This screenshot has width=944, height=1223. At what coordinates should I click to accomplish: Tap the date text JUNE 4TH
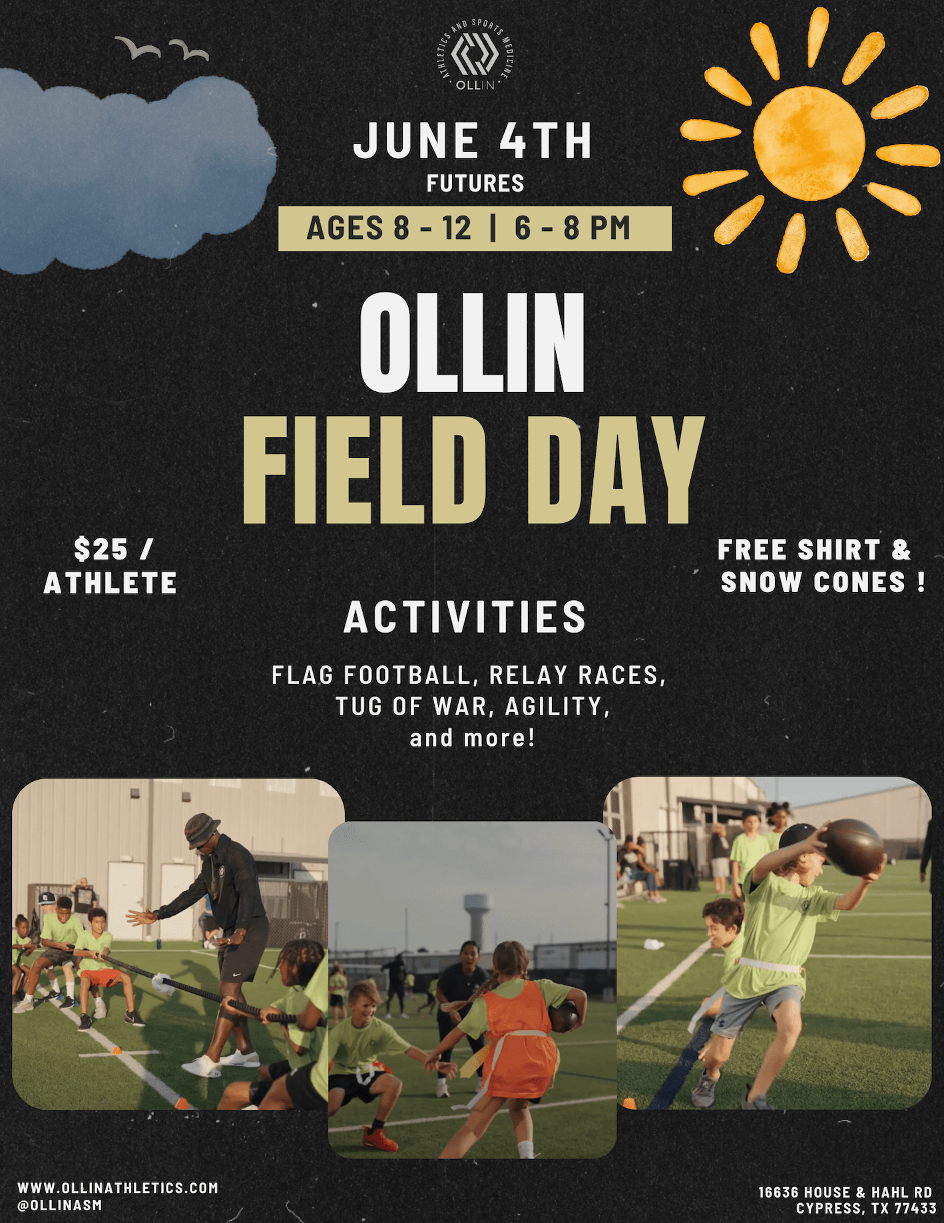[x=473, y=140]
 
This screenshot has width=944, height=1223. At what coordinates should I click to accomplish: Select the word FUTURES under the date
[x=475, y=183]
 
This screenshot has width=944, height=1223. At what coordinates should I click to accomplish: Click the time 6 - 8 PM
[x=572, y=228]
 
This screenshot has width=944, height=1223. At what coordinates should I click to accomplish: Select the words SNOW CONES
[x=813, y=582]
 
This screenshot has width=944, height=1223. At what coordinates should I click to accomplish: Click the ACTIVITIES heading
[x=465, y=617]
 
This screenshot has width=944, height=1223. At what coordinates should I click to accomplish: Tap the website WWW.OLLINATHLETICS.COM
[x=118, y=1188]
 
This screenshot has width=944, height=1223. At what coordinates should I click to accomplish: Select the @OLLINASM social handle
[x=60, y=1205]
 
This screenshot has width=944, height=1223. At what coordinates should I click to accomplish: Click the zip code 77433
[x=915, y=1208]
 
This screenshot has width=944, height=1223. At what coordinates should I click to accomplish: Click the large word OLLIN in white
[x=471, y=343]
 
